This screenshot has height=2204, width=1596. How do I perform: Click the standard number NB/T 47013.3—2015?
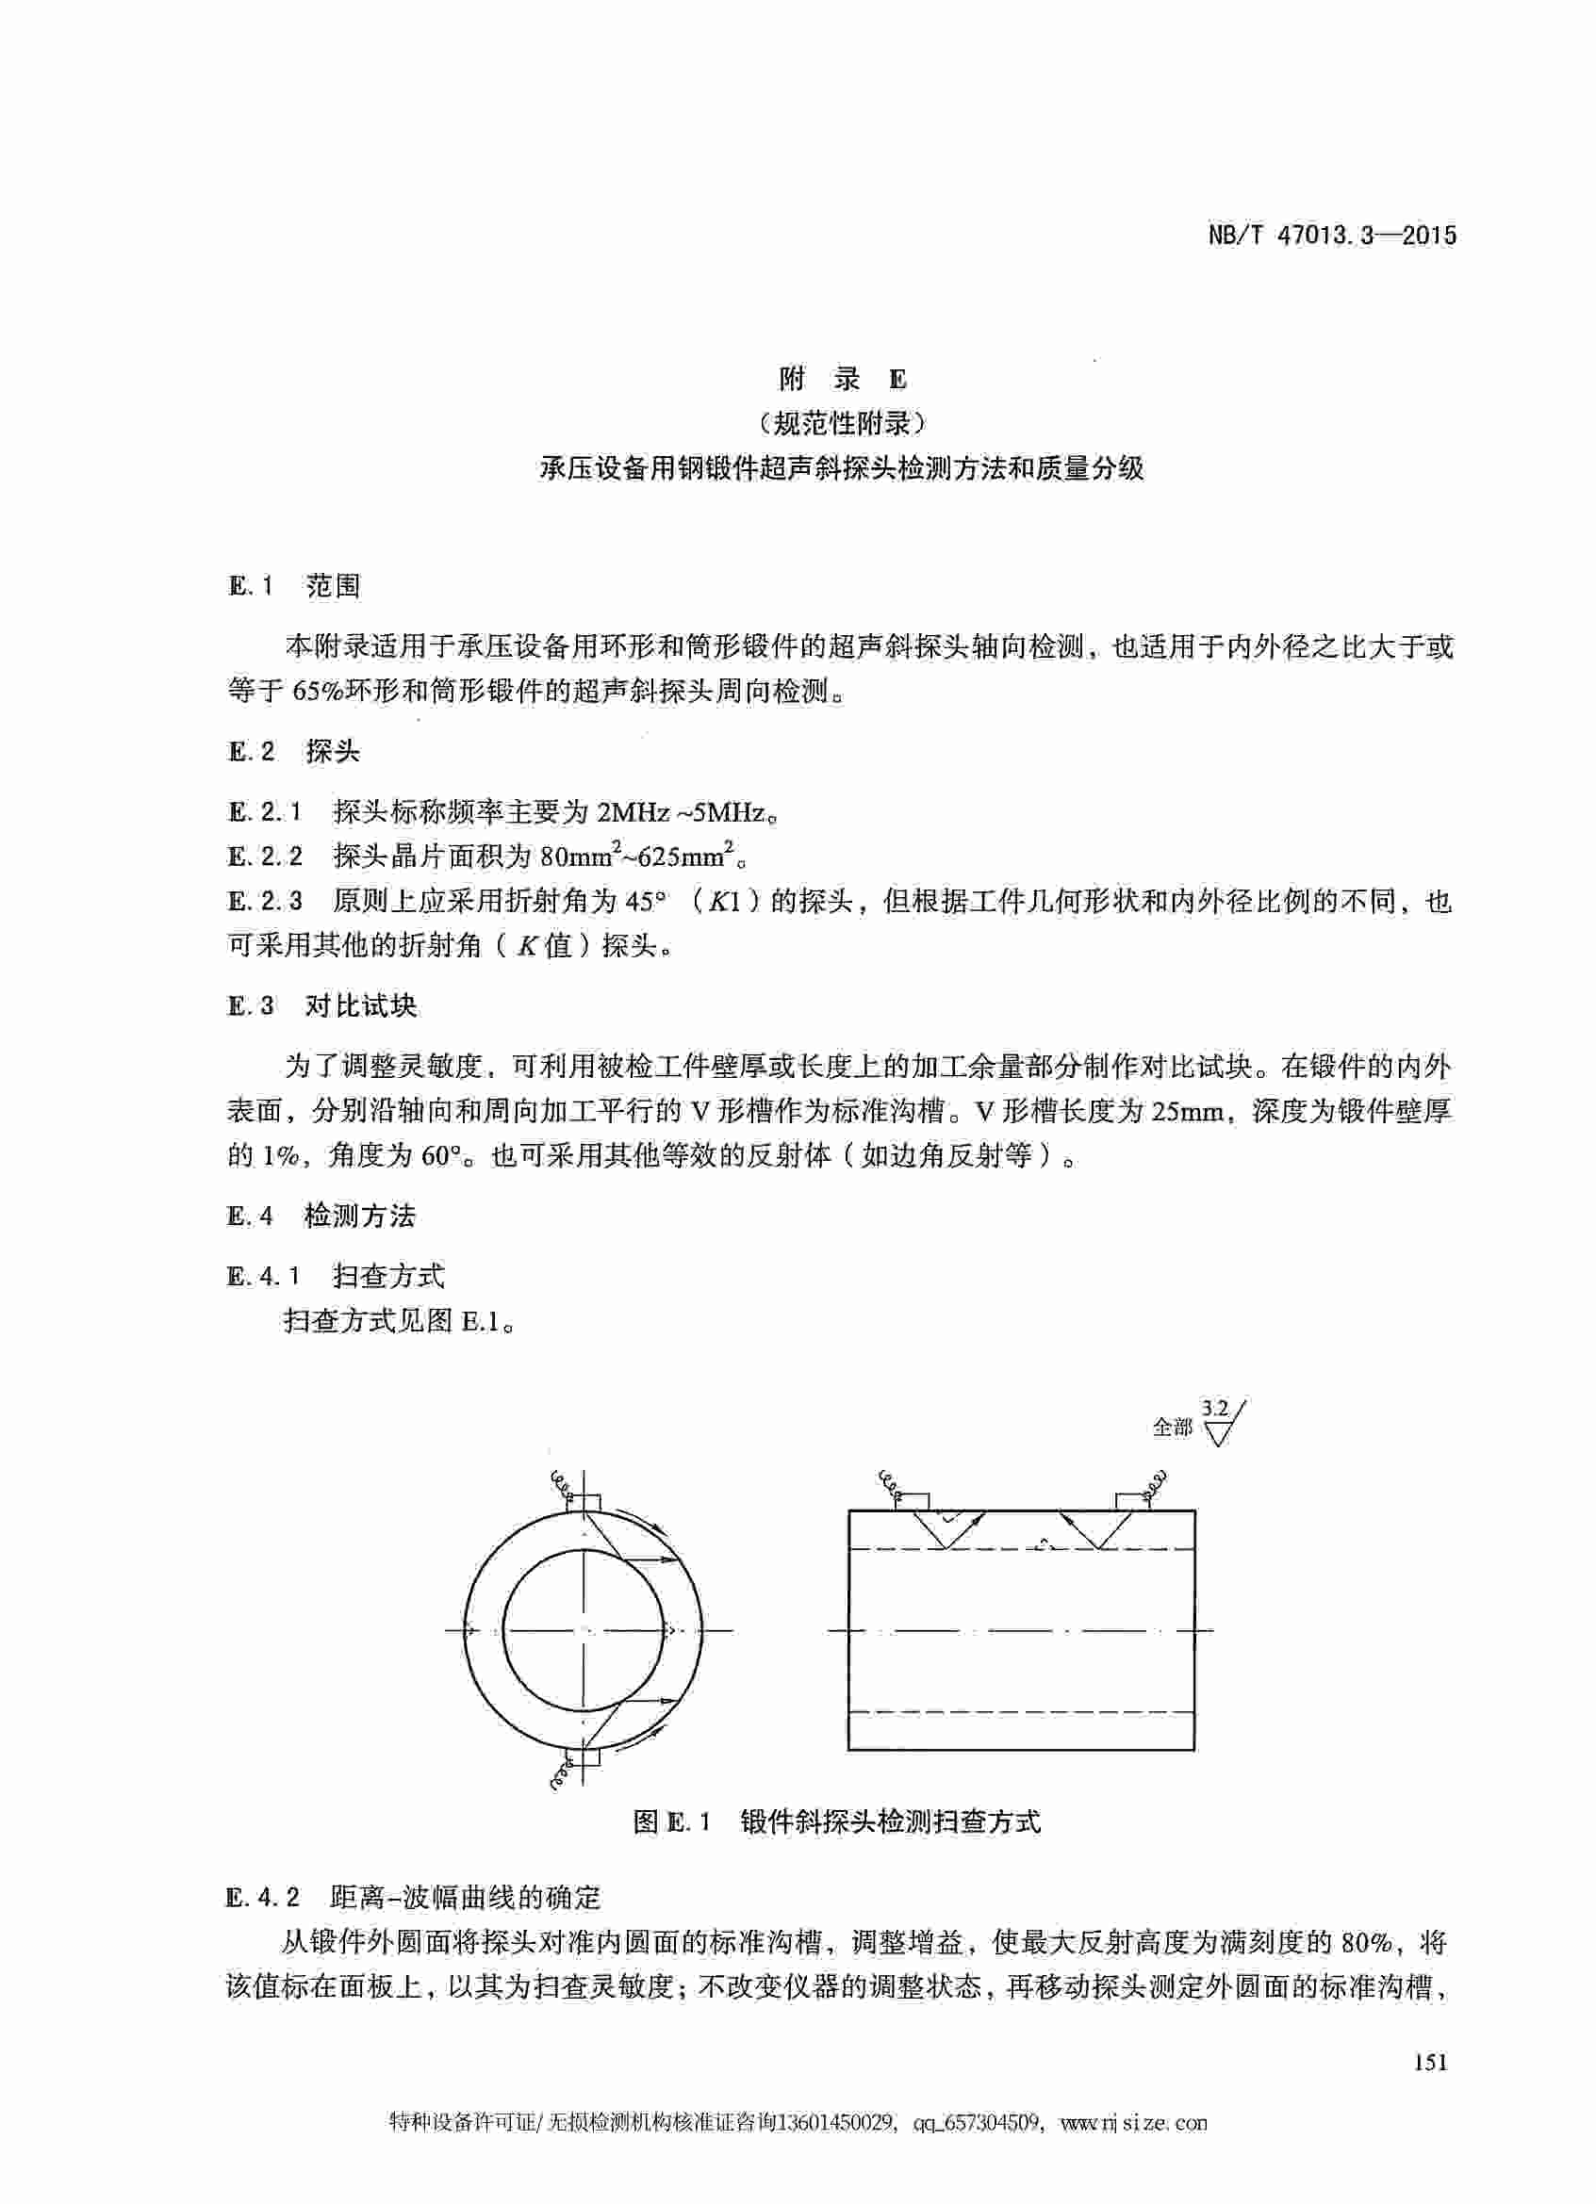click(x=1332, y=236)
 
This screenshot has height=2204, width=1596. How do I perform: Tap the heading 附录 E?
click(x=842, y=379)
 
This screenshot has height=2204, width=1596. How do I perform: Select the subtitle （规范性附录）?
click(x=842, y=424)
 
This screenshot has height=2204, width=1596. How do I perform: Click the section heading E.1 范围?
click(x=294, y=585)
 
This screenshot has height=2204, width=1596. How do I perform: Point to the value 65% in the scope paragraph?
click(x=312, y=691)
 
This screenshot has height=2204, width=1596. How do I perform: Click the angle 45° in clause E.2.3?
click(x=646, y=902)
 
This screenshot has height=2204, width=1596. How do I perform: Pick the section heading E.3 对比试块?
click(x=322, y=1005)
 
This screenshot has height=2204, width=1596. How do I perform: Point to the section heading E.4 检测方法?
click(x=321, y=1216)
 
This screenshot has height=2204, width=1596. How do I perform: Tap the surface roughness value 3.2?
click(x=1214, y=1408)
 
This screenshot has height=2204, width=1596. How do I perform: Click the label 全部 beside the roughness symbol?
click(x=1171, y=1427)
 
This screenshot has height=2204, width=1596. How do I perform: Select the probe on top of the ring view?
click(x=584, y=1502)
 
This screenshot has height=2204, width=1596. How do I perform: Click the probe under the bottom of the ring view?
click(x=584, y=1758)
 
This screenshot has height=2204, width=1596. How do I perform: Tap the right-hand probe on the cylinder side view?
click(x=1132, y=1500)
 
